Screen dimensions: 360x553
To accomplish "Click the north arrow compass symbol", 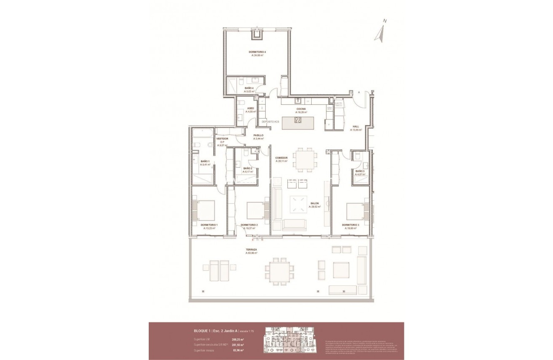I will [x=380, y=33].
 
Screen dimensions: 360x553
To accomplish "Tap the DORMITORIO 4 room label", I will [x=257, y=52].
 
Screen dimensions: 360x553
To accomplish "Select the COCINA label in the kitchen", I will [x=301, y=109].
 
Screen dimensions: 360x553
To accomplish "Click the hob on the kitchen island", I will [x=298, y=120].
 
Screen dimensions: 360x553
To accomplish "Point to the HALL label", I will [x=356, y=126].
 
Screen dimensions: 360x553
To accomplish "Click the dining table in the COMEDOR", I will [x=305, y=160].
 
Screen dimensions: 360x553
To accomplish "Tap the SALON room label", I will [x=314, y=203].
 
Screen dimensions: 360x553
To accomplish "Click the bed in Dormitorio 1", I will [x=204, y=210].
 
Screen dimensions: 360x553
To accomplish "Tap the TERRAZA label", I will [x=251, y=250].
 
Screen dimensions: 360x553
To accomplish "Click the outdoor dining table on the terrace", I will [x=279, y=272].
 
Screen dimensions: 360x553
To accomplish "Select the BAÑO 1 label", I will [x=205, y=161].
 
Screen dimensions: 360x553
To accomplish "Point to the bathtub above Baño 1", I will [x=203, y=135].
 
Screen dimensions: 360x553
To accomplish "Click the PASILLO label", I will [x=258, y=135].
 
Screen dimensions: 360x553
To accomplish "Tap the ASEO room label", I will [x=251, y=108].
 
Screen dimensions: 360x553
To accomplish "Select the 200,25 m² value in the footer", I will [x=238, y=339].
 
